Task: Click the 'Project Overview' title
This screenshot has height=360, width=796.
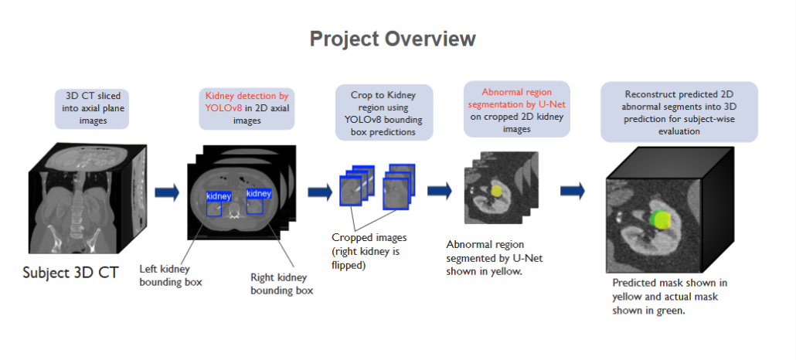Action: [x=393, y=39]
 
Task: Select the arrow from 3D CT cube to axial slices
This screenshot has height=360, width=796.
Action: [x=167, y=192]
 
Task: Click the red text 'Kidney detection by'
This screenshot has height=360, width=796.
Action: [x=246, y=96]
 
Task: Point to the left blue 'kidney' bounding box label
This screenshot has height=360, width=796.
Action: [x=218, y=196]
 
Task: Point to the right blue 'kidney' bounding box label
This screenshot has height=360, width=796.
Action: [x=258, y=194]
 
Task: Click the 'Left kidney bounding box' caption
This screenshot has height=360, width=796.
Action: [x=171, y=276]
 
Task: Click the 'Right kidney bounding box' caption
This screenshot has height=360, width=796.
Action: [x=282, y=284]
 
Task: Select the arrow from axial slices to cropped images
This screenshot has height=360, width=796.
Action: [x=320, y=192]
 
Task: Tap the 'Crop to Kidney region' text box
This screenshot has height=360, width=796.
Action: [x=384, y=112]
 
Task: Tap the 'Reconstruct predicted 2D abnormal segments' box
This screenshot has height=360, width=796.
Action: [x=678, y=112]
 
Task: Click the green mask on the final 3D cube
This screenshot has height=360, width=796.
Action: [x=659, y=218]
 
